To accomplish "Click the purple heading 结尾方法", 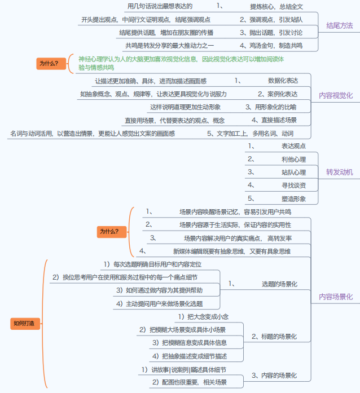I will coord(339,25).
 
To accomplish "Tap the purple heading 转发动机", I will coord(339,172).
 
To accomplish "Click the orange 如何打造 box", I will coord(23,323).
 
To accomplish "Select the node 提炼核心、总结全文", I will coord(276,7).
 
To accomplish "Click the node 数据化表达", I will coord(283,81).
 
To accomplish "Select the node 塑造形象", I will coord(293,198).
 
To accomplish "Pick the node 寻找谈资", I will coord(293,186).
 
